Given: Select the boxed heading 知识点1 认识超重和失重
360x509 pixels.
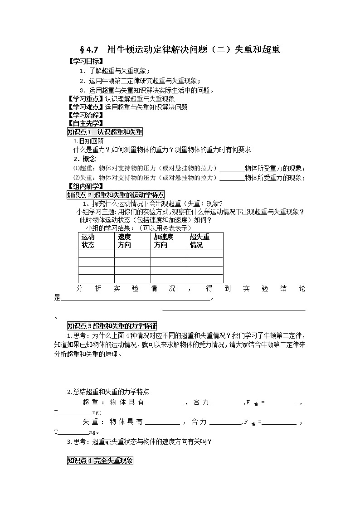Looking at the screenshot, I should [x=104, y=132].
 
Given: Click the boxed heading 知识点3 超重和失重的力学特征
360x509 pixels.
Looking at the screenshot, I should [x=112, y=326].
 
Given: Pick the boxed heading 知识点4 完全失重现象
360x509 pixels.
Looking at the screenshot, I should [x=100, y=461].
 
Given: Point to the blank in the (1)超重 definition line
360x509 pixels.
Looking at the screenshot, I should [x=232, y=168].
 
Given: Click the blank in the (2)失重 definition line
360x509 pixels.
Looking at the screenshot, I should [x=232, y=178].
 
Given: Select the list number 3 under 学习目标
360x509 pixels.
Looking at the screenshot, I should [x=82, y=90].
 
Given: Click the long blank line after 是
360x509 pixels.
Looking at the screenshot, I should [x=135, y=298].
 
